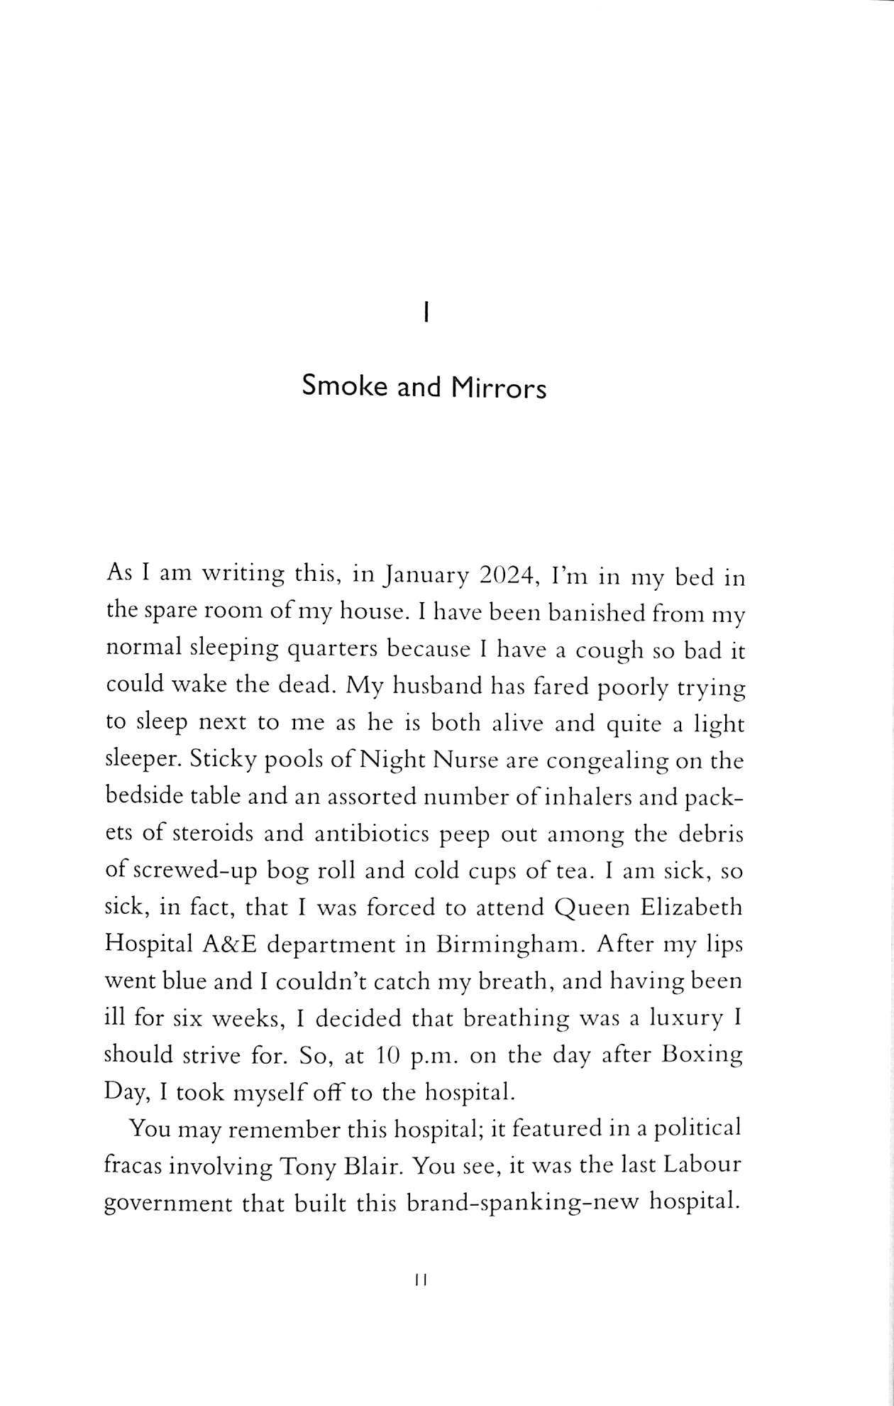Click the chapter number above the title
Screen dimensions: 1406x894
click(424, 312)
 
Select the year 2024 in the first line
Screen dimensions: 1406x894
click(506, 576)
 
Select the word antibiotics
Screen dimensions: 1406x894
click(371, 834)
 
